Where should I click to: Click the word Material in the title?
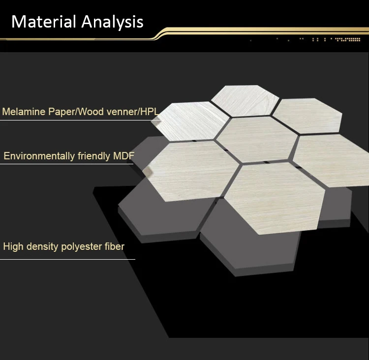pyautogui.click(x=43, y=22)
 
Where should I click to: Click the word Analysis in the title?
pyautogui.click(x=112, y=22)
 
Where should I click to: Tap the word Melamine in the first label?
pyautogui.click(x=24, y=112)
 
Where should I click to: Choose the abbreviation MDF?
pyautogui.click(x=123, y=156)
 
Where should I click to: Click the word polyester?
pyautogui.click(x=81, y=246)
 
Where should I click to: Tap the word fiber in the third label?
pyautogui.click(x=114, y=246)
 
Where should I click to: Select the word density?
pyautogui.click(x=42, y=246)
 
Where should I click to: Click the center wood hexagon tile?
pyautogui.click(x=257, y=139)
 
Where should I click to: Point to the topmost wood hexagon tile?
pyautogui.click(x=245, y=101)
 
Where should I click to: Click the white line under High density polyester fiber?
pyautogui.click(x=67, y=259)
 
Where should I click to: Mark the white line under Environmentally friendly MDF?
pyautogui.click(x=66, y=164)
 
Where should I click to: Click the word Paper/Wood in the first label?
pyautogui.click(x=76, y=112)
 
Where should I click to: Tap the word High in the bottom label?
pyautogui.click(x=13, y=246)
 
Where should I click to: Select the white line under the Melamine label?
pyautogui.click(x=80, y=120)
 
